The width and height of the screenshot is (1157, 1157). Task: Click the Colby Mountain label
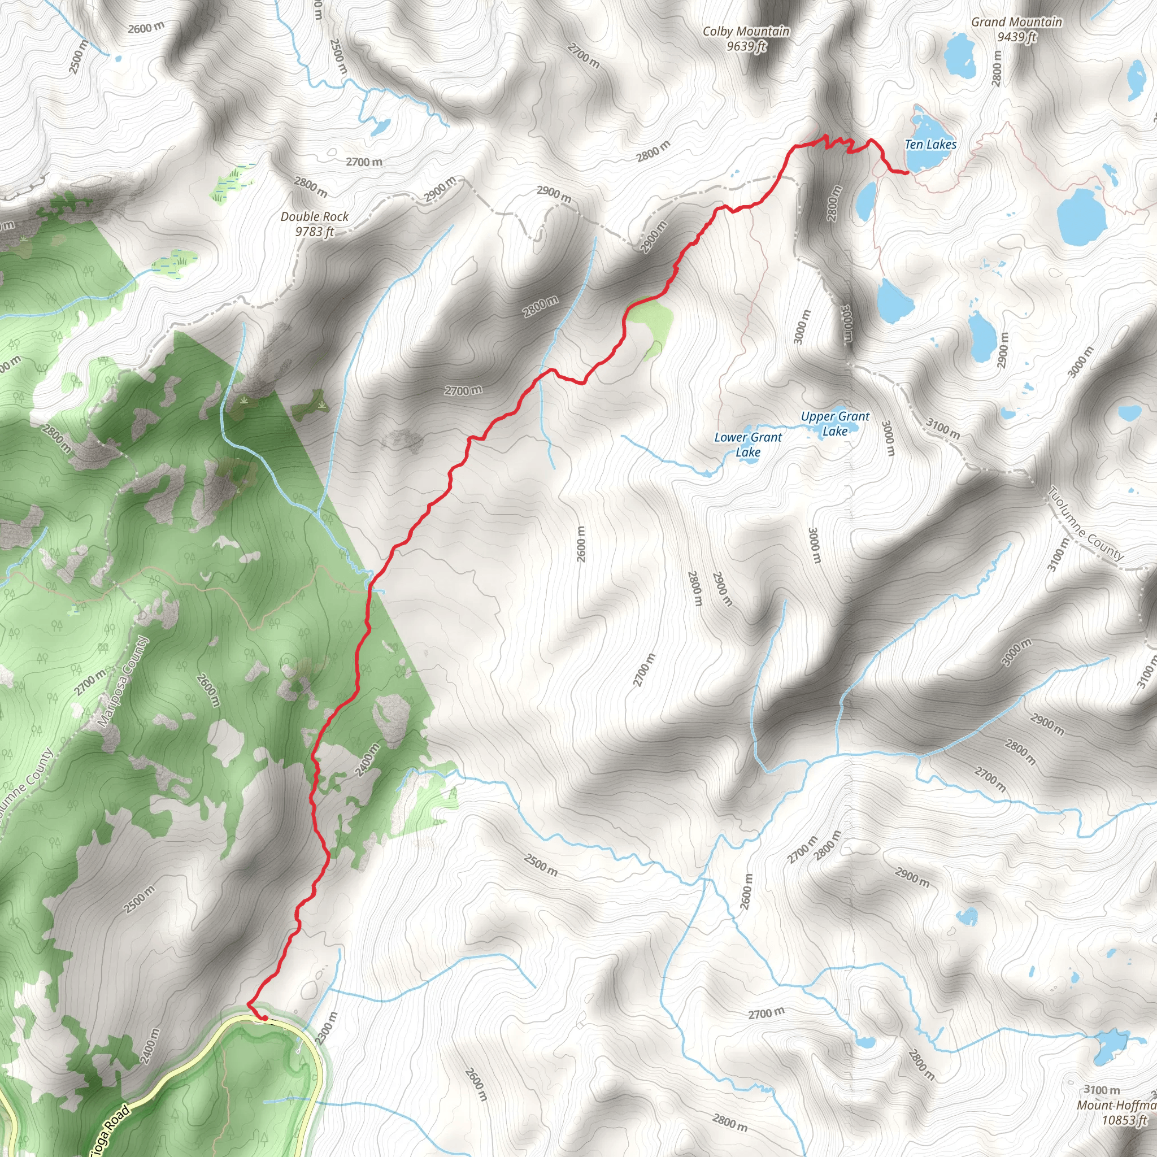pos(746,31)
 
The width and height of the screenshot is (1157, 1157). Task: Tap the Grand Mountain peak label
pos(1016,22)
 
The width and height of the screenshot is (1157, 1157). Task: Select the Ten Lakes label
pos(930,144)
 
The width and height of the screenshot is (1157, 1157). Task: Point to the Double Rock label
pos(315,217)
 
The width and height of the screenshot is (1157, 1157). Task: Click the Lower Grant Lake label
pos(748,445)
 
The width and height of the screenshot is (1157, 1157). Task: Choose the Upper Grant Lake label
pos(835,423)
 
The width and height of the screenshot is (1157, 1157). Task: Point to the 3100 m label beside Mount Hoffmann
pos(1101,1089)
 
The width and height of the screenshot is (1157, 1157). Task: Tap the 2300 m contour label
pos(327,1028)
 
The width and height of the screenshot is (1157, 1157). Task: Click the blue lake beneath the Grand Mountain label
pos(960,55)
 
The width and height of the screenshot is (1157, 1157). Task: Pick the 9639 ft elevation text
pos(746,46)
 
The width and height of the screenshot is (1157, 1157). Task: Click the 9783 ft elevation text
pos(315,232)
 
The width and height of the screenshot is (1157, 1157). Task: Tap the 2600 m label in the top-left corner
pos(146,28)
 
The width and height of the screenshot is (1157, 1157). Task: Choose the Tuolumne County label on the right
pos(1086,524)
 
